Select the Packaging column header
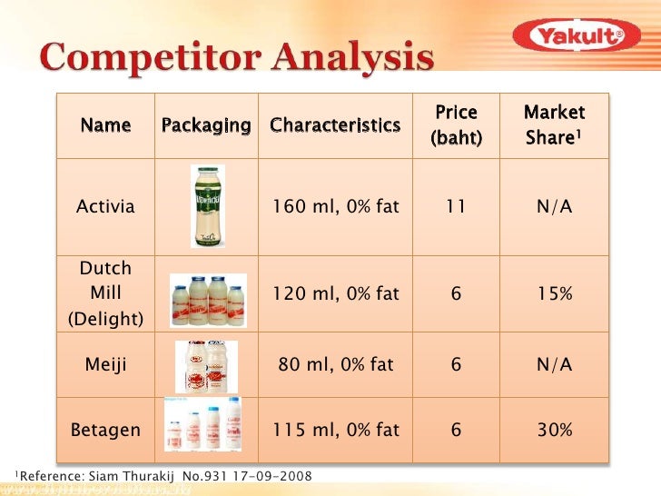tap(206, 125)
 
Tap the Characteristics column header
tap(335, 125)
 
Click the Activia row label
tap(105, 206)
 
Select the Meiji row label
tap(105, 365)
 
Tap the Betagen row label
tap(105, 430)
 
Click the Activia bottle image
tap(207, 206)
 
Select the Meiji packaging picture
tap(206, 366)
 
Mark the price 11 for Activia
tap(456, 206)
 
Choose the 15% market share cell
tap(554, 294)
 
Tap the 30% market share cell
tap(554, 430)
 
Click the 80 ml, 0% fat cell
tap(335, 365)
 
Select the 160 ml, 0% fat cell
tap(335, 206)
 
